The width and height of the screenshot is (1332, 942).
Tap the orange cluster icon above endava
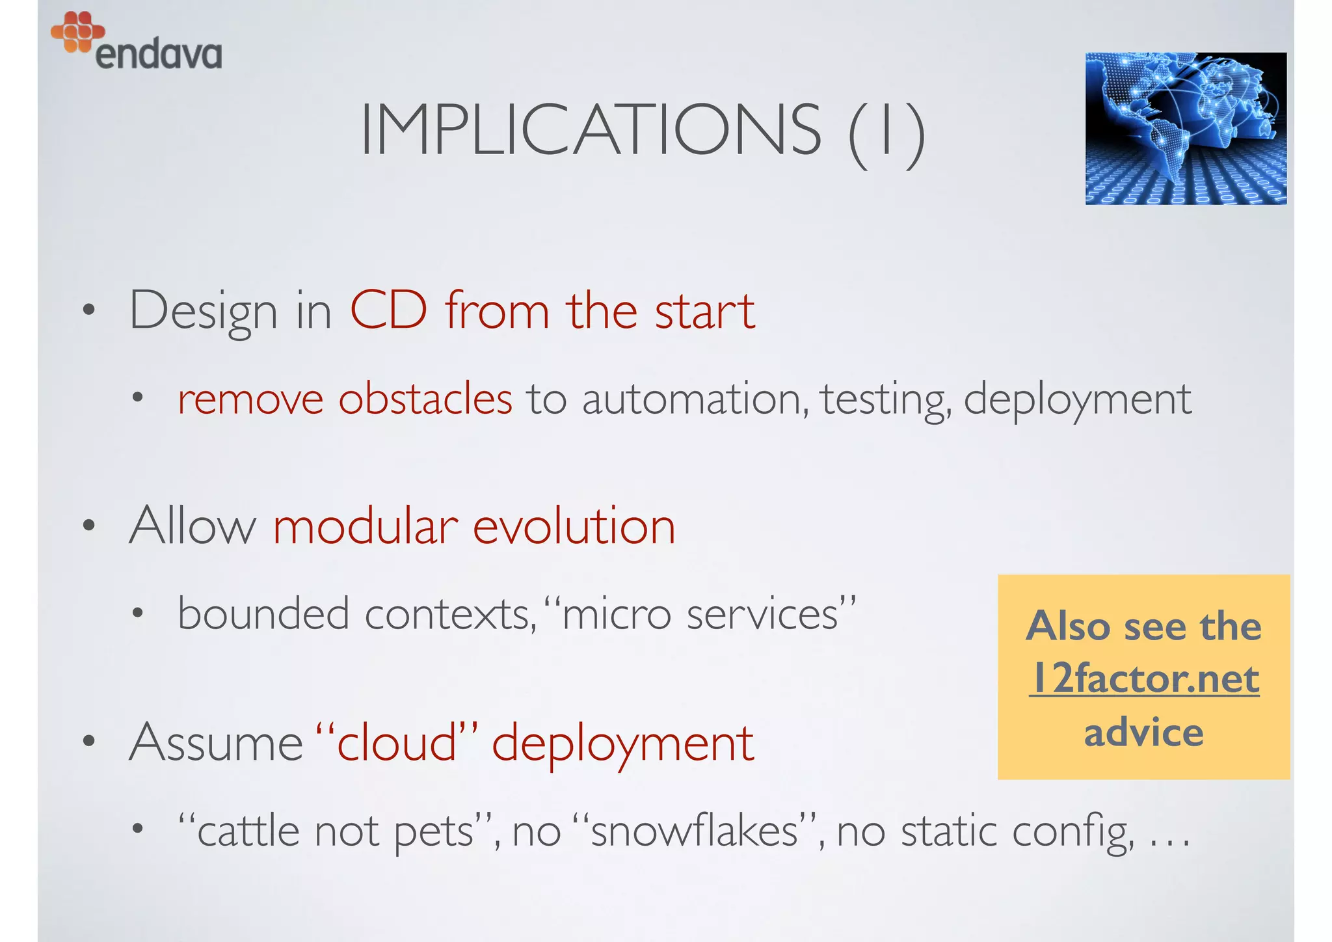coord(77,31)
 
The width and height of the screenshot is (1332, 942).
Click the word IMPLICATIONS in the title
coord(591,131)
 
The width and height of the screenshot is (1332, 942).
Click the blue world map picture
coord(1185,129)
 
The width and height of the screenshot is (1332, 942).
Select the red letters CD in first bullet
coord(389,311)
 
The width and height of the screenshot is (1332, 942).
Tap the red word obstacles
coord(425,398)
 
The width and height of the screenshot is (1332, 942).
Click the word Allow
coord(193,526)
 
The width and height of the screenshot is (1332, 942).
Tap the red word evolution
coord(574,526)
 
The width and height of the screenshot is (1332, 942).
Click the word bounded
coord(263,613)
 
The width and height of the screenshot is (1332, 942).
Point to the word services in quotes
coord(762,615)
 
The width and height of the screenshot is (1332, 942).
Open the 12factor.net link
coord(1144,679)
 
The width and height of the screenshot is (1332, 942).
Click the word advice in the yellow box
coord(1143,733)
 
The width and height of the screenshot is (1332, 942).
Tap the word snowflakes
coord(694,831)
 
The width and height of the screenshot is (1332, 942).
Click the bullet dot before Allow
coord(89,525)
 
